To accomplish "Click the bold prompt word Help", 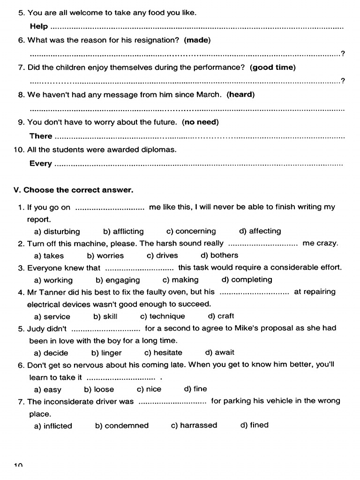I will [x=38, y=27].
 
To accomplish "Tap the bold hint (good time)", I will [x=273, y=67].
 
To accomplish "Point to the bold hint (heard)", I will [x=240, y=95].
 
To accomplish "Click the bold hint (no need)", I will [x=200, y=122].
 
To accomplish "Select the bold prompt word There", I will [x=41, y=136].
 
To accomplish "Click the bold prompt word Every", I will [x=41, y=164].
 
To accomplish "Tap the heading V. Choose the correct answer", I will [x=74, y=190].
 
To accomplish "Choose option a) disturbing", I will [x=57, y=232].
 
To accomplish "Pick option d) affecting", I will [x=260, y=231].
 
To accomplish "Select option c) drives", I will [x=162, y=256].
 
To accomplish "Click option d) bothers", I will [x=219, y=255].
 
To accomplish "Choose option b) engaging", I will [x=118, y=280].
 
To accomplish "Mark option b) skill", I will [x=105, y=316].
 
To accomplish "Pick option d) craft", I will [x=221, y=316].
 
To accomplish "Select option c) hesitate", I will [x=163, y=353].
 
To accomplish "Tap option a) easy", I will [x=48, y=390].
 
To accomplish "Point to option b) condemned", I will [x=122, y=426].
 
